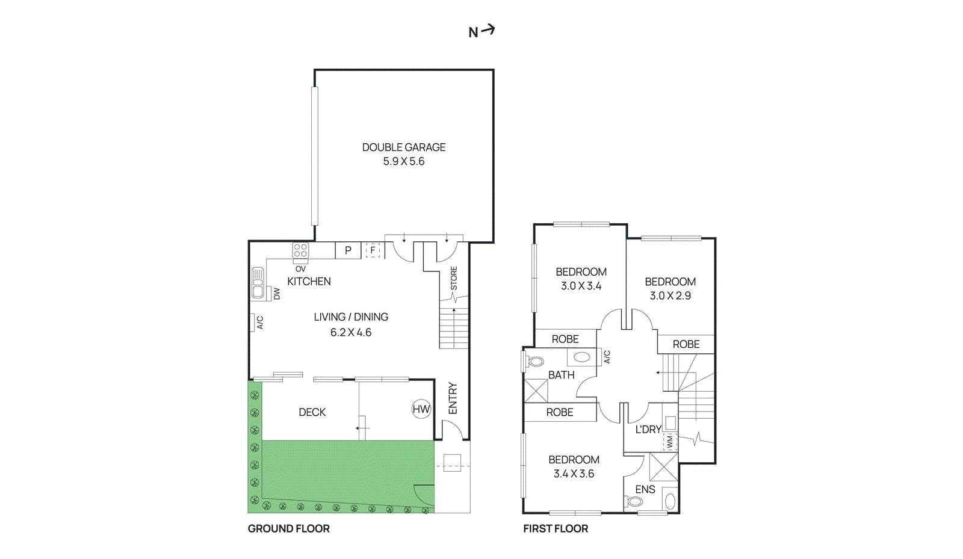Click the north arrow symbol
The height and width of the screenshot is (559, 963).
tap(488, 29)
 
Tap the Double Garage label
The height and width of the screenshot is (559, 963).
tap(404, 147)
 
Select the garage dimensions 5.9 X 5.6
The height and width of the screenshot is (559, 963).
tap(404, 161)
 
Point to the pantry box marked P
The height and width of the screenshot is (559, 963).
tap(348, 250)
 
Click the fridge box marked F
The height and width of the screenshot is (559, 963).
tap(373, 250)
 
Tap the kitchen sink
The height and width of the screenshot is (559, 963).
tap(258, 283)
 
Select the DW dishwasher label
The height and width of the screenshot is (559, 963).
tap(277, 294)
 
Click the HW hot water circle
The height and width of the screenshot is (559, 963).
tap(421, 409)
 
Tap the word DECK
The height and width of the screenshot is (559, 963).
tap(312, 413)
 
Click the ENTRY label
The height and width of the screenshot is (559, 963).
tap(453, 398)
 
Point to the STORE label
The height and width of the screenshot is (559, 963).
tap(454, 278)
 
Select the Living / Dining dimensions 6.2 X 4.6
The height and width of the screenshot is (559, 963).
tap(351, 333)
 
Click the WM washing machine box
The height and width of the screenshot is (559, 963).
tap(670, 442)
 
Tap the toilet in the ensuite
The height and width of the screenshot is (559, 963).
tap(634, 501)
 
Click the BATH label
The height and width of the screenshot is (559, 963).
tap(561, 375)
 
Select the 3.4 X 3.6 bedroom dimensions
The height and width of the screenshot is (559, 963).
tap(574, 474)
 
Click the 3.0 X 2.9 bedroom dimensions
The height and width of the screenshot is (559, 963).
tap(670, 295)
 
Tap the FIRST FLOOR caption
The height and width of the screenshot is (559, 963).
tap(556, 529)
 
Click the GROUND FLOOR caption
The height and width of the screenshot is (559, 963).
tap(288, 529)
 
